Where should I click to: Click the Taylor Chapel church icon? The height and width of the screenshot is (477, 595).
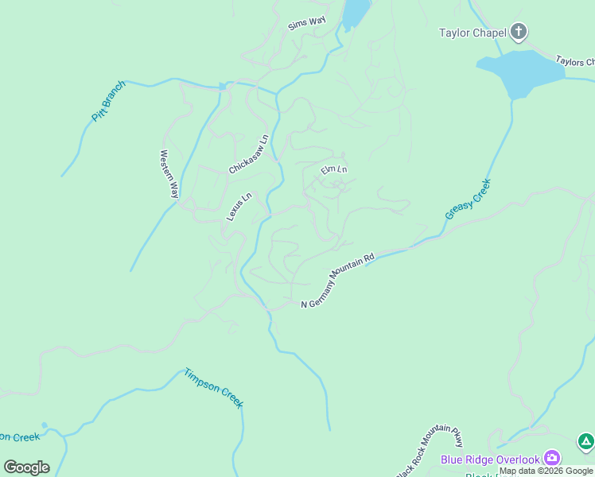coord(519,33)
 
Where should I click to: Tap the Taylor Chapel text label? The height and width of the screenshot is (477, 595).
coord(472,33)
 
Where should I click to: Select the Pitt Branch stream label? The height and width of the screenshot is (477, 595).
coord(109,101)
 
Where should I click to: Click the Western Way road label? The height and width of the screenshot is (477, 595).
coord(169,174)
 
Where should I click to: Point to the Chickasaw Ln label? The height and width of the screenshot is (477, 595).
coord(249,154)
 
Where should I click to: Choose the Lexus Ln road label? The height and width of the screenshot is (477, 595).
coord(239,207)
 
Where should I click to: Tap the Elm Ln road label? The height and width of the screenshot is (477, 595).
coord(334,169)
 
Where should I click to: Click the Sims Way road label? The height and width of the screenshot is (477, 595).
coord(307,24)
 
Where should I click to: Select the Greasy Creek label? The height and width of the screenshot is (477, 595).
coord(468,199)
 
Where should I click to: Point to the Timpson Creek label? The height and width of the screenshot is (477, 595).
coord(213,388)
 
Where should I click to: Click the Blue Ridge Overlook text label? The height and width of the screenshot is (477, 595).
coord(490,460)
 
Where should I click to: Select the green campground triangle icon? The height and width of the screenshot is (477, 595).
coord(585,440)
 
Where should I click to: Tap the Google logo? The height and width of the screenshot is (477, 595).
coord(26,467)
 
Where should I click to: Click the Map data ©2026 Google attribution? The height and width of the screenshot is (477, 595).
coord(546,471)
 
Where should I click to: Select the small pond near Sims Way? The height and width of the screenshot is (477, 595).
coord(356,12)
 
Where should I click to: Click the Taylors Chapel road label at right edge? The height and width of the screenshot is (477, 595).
coord(574,61)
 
